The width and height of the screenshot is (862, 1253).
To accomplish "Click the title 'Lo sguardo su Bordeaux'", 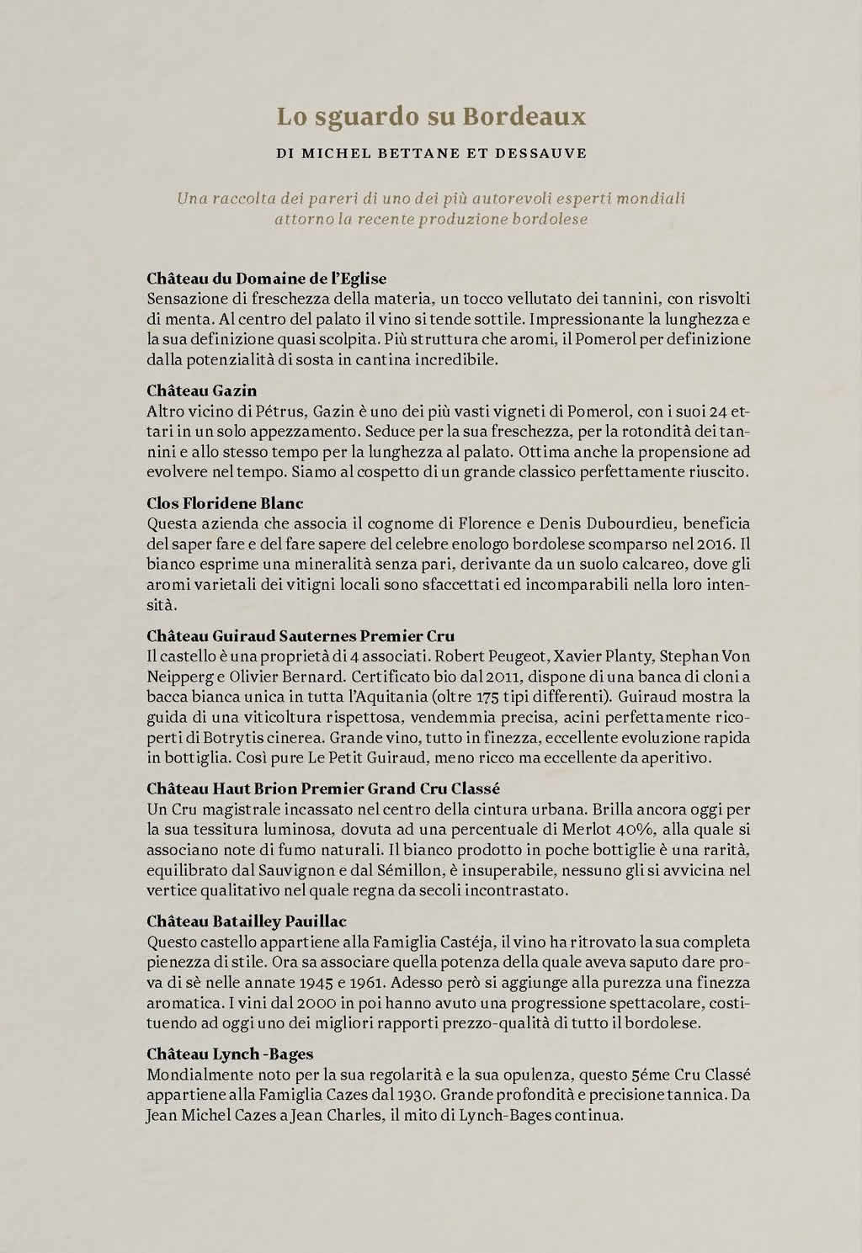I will tap(431, 116).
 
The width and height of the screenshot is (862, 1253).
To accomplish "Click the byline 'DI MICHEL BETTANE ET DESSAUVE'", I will tap(431, 154).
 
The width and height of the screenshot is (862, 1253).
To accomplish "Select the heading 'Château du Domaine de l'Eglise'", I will tap(266, 278).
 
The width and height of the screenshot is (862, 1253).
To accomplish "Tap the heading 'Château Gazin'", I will tap(201, 390).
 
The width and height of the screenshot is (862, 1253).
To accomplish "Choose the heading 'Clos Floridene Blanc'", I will tap(225, 503).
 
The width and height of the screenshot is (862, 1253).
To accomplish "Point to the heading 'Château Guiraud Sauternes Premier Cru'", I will tap(301, 635).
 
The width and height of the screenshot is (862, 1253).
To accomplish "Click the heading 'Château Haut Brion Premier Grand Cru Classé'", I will tap(323, 788).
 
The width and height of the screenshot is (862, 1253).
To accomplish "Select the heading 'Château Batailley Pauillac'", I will tap(246, 921).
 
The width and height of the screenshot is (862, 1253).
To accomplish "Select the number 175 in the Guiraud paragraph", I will tap(501, 697).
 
